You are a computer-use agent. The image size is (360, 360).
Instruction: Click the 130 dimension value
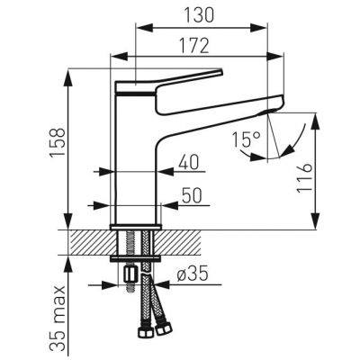point(199,15)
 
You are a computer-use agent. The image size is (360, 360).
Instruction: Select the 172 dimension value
point(193,46)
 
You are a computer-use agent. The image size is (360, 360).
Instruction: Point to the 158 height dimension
point(57,142)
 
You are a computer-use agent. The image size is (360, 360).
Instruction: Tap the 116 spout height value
point(304,178)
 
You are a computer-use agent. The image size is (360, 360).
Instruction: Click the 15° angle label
point(246,139)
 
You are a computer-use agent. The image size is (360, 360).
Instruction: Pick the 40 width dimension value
point(189,162)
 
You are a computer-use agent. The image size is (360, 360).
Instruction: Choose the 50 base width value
point(192,196)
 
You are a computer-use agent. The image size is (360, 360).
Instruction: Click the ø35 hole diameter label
point(192,274)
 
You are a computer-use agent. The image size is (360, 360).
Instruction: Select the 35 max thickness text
point(57,319)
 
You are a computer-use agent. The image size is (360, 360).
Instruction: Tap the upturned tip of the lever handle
point(220,71)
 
